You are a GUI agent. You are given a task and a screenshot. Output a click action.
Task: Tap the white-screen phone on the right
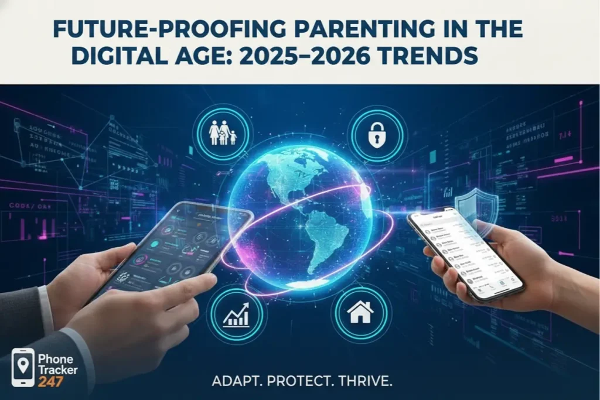pos(466,255)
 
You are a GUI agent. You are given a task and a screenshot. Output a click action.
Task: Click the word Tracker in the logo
pos(57,370)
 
